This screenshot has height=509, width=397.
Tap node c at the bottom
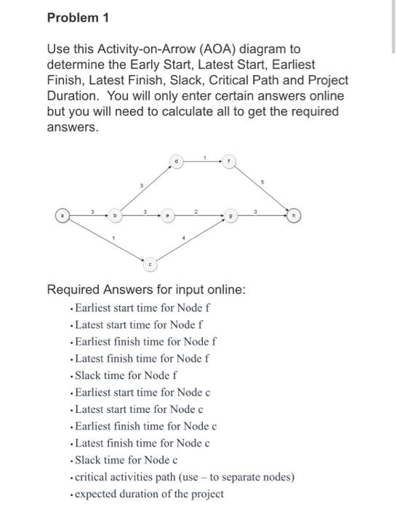pyautogui.click(x=150, y=264)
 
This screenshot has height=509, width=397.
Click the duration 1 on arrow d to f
pyautogui.click(x=205, y=156)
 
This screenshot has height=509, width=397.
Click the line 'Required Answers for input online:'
pyautogui.click(x=146, y=290)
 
